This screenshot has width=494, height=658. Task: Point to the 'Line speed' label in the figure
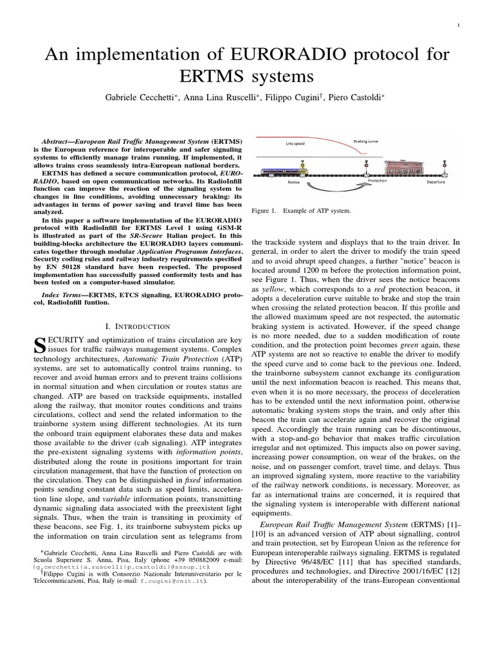coord(295,143)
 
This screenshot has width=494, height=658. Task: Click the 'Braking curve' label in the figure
coord(366,139)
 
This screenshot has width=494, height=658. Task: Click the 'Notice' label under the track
coord(295,182)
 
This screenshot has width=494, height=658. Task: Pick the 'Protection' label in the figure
coord(378,181)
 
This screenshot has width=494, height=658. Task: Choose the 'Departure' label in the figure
coord(435,182)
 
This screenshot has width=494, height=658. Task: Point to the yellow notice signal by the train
coord(302,166)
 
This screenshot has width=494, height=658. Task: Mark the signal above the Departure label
coord(444,166)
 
